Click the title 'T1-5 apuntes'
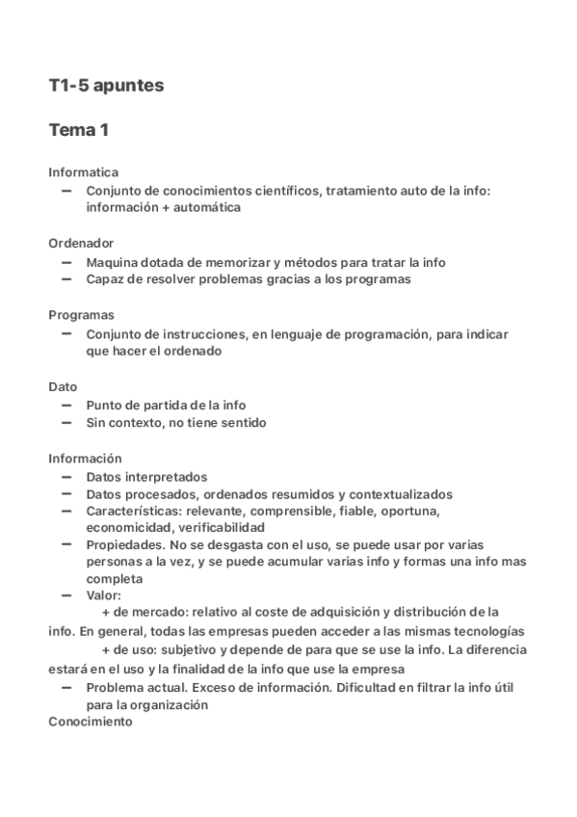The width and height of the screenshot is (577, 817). coord(106,86)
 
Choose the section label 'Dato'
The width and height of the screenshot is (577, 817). coord(63,386)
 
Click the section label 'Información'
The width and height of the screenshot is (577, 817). coord(86,458)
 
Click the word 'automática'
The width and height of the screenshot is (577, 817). coord(204,207)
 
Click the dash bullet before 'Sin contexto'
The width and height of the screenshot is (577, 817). coord(66,421)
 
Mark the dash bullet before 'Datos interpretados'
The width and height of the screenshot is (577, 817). coord(66,475)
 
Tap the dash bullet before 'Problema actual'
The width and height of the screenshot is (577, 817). coord(66,686)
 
